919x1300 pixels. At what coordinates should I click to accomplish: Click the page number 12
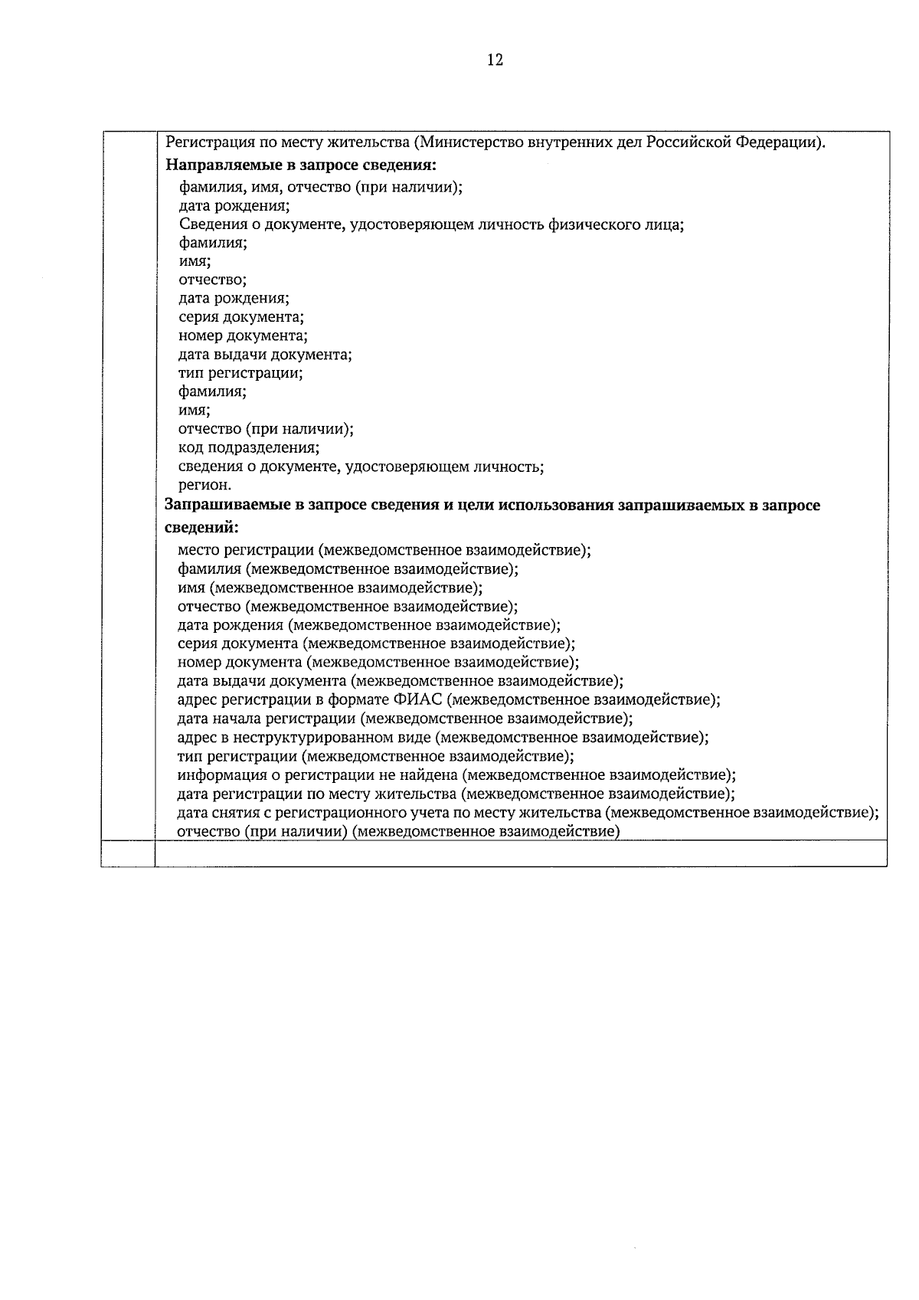point(495,60)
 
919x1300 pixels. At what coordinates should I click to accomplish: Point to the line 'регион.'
point(204,485)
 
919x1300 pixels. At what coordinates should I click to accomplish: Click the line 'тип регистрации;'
point(240,374)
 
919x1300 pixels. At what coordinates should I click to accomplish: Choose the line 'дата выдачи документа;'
point(265,355)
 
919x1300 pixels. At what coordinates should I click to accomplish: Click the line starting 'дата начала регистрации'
point(404,719)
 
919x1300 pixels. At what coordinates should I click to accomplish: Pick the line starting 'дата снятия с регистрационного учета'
point(527,812)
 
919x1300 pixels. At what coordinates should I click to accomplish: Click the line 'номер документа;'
point(243,336)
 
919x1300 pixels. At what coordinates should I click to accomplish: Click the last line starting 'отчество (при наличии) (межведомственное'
point(397,831)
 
